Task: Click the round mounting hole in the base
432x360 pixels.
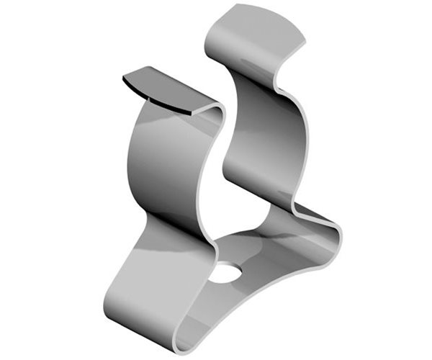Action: tap(228, 274)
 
